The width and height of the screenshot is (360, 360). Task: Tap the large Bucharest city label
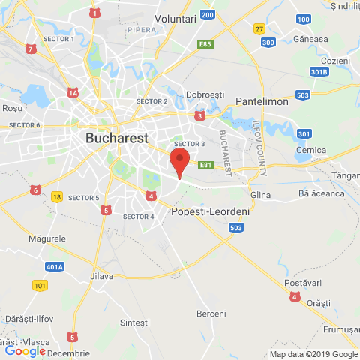point(117,139)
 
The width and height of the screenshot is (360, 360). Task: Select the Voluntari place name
point(175,17)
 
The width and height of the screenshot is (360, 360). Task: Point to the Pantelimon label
point(262,100)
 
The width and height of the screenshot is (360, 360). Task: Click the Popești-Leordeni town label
point(210,212)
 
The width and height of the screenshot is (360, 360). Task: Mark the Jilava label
point(100,276)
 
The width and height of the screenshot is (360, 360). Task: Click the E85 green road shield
point(205,45)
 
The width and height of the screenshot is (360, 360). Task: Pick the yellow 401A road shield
point(54,266)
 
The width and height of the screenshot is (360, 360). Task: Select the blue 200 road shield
point(208,14)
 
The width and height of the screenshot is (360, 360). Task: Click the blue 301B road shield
point(319,72)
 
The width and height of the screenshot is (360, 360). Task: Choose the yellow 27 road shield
point(259,28)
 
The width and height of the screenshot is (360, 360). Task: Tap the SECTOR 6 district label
point(25,125)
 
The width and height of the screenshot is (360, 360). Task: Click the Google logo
point(25,350)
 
